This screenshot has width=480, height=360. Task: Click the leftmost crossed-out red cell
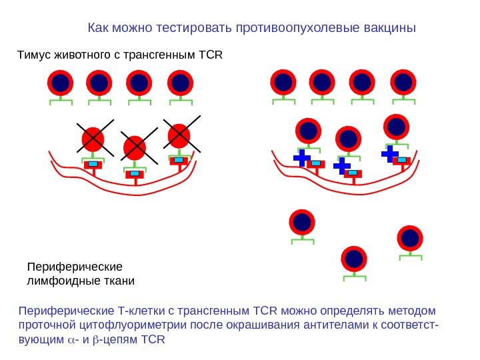click(x=93, y=139)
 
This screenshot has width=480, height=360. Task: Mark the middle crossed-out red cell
click(x=135, y=147)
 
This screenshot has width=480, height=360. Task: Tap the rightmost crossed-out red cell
click(x=179, y=135)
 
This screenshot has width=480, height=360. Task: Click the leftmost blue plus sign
click(x=302, y=158)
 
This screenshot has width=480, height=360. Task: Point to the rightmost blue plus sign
click(x=390, y=155)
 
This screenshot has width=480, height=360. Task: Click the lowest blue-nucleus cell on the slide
click(x=354, y=259)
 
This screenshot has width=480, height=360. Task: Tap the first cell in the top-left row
click(x=60, y=83)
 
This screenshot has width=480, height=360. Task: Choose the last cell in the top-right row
click(x=403, y=82)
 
